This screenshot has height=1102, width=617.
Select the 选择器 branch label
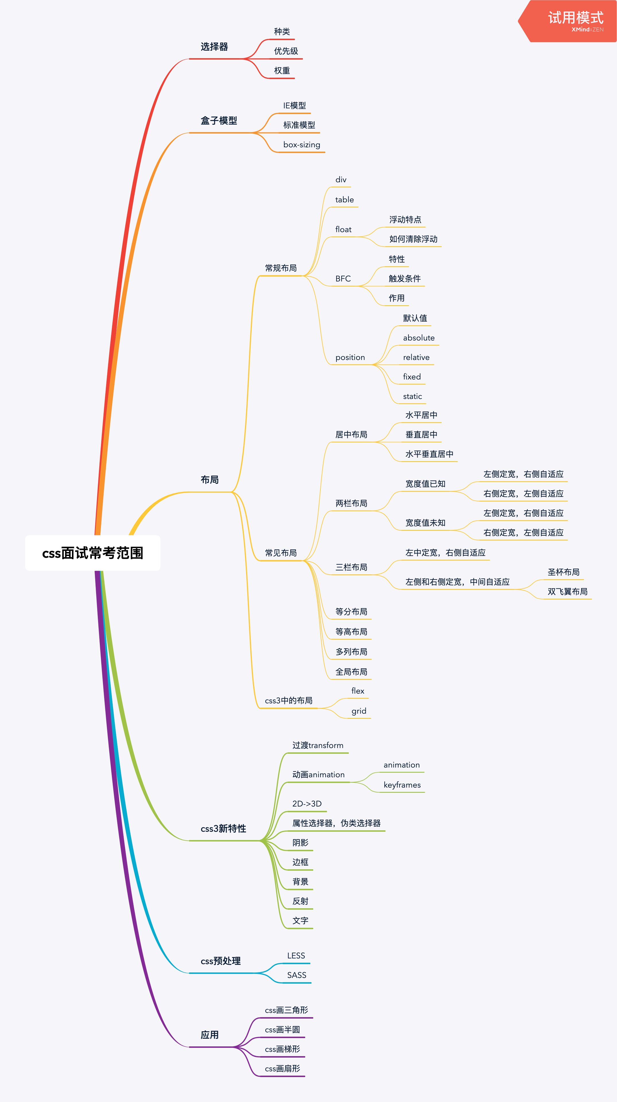(x=214, y=47)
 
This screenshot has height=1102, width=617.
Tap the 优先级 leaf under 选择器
(x=286, y=51)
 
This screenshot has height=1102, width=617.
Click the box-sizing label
(x=301, y=145)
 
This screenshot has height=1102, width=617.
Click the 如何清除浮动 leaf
(x=413, y=239)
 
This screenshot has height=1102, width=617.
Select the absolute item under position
(x=418, y=338)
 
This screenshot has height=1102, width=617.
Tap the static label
(x=412, y=396)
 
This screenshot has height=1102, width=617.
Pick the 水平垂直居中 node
(x=429, y=454)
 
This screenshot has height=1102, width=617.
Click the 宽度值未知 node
(x=425, y=523)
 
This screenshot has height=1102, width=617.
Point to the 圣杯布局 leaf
(x=563, y=572)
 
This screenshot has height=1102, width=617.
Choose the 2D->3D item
(x=307, y=803)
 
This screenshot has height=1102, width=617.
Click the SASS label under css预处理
(x=296, y=975)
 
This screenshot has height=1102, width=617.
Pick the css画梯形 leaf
(x=282, y=1049)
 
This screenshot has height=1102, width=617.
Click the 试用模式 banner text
(x=575, y=18)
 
